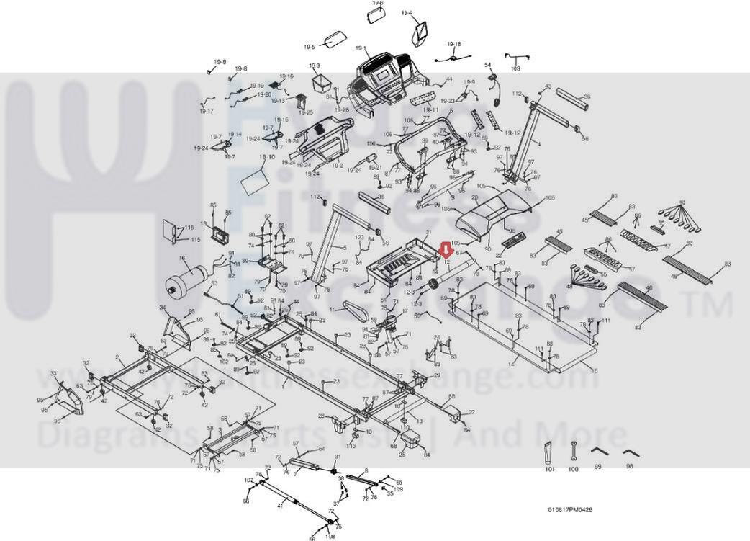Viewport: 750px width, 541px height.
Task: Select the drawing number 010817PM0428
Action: [570, 510]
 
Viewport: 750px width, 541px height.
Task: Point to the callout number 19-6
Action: [378, 4]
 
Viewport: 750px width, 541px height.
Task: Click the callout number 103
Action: [515, 69]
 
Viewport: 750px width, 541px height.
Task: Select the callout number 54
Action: [487, 66]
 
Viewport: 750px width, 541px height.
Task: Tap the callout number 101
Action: [549, 470]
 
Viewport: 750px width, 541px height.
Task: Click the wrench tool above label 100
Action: [573, 450]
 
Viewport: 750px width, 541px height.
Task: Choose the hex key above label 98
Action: [631, 452]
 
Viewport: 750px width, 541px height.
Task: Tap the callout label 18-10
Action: [266, 157]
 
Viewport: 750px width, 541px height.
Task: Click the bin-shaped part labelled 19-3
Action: [319, 83]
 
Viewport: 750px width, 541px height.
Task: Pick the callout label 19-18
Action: [453, 44]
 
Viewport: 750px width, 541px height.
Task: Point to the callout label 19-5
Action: [310, 47]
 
